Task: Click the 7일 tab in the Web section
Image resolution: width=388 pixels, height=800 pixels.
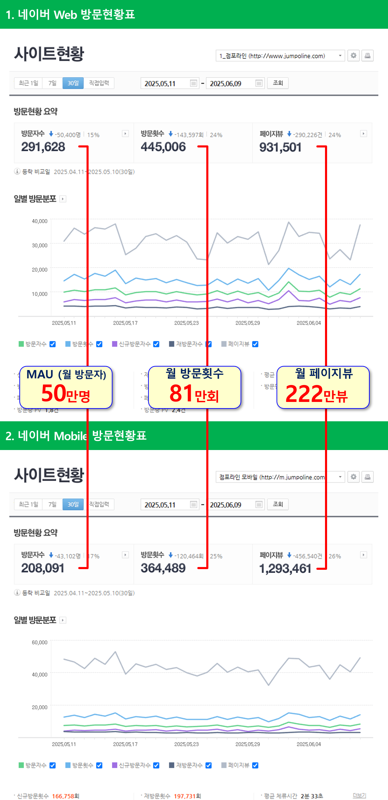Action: (52, 83)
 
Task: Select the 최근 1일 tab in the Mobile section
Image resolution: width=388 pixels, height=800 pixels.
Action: (28, 504)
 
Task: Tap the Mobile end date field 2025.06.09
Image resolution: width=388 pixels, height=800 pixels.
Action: (232, 505)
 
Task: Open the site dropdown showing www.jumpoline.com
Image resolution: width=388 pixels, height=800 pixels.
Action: (280, 56)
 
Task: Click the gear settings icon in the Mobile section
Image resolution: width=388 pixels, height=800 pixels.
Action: (353, 477)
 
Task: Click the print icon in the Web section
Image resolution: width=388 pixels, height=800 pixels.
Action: (368, 55)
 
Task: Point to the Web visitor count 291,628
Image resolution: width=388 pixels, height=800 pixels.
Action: (43, 147)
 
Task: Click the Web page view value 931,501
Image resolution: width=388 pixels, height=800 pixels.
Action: (280, 147)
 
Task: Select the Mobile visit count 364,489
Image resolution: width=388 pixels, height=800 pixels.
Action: (163, 568)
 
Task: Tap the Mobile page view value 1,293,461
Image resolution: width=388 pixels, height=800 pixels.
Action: (285, 568)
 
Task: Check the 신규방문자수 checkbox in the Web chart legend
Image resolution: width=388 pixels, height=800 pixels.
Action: (156, 344)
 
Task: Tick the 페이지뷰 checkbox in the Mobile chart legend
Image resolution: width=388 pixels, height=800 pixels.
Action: (255, 765)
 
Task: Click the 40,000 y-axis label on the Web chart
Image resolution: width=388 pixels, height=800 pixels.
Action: (39, 221)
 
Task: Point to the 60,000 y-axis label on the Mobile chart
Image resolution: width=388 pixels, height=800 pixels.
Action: (39, 642)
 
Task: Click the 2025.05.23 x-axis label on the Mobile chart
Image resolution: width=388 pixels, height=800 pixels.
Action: (186, 744)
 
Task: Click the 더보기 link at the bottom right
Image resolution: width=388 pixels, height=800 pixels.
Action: (359, 795)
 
